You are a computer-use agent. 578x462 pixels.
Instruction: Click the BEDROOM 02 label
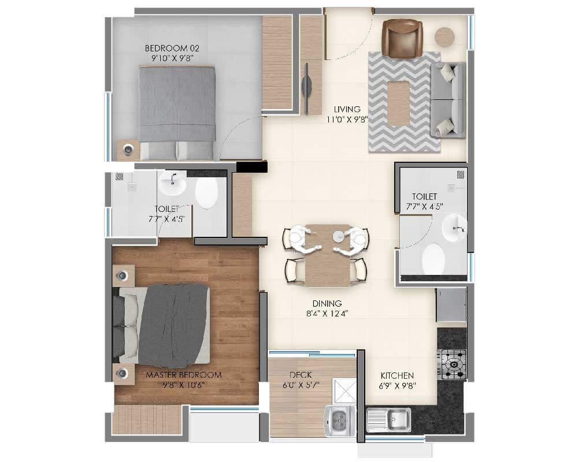tap(168, 48)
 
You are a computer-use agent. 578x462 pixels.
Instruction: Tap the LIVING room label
tap(347, 109)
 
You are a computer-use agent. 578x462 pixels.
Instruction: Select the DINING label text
tap(327, 303)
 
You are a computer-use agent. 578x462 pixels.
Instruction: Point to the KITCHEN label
tap(397, 375)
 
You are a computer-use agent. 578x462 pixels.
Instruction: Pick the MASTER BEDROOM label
tap(183, 375)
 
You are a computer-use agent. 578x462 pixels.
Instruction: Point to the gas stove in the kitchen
tap(451, 364)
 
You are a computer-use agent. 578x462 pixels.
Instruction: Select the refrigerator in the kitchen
tap(451, 305)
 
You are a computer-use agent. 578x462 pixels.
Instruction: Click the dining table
tap(327, 255)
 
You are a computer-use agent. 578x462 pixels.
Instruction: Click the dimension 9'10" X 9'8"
tap(168, 58)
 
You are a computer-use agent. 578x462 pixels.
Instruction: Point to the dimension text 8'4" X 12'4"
tap(327, 314)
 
